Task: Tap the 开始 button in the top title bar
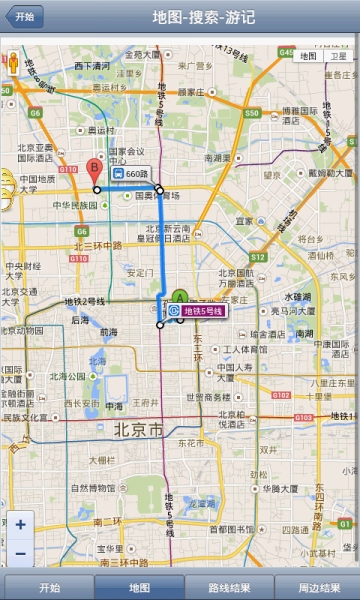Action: coord(24,17)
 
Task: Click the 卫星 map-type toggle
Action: coord(339,56)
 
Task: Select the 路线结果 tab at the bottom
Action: coord(228,587)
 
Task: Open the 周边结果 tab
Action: coord(319,587)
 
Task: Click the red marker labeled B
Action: coord(94,168)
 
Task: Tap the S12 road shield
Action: coord(257,257)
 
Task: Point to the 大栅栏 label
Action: coord(102,461)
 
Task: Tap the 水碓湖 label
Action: coord(298,296)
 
